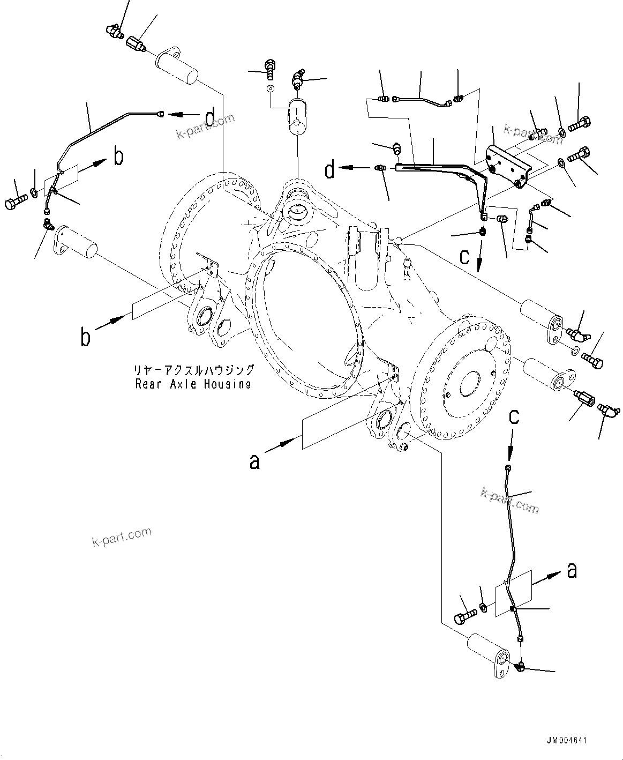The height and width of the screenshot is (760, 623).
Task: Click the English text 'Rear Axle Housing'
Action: point(193,384)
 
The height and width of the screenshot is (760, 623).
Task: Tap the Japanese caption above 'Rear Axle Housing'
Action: point(194,370)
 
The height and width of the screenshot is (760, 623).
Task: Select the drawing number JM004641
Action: point(567,741)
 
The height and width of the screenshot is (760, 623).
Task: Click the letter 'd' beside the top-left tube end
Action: point(211,116)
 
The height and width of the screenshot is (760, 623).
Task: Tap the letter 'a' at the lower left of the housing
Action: point(255,460)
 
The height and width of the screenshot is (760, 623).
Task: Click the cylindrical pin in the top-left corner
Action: point(178,67)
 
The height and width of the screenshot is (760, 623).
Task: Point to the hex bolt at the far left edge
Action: point(14,203)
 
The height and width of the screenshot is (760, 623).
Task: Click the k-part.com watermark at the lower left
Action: point(122,537)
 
